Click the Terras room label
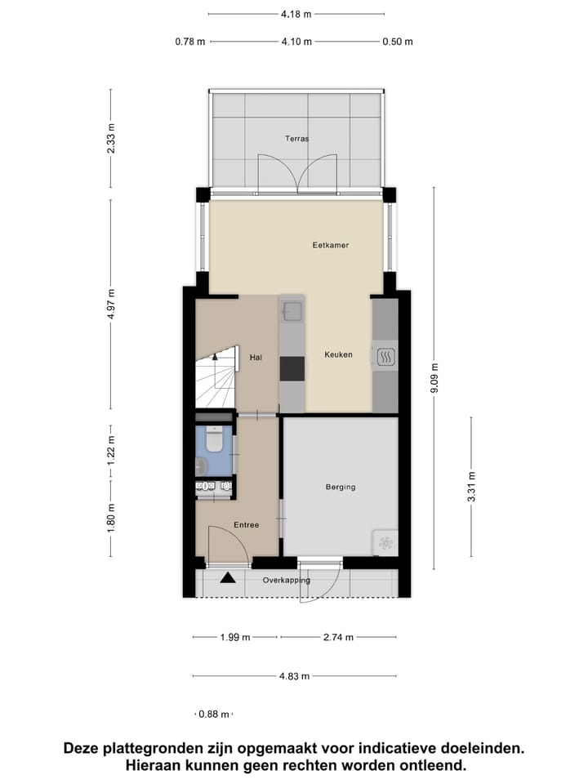click(x=296, y=139)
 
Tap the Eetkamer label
click(x=331, y=245)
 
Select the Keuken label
click(x=338, y=354)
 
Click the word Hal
click(x=255, y=356)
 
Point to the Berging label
click(x=341, y=488)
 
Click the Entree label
click(x=245, y=525)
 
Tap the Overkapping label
click(x=286, y=581)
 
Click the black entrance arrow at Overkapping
click(x=227, y=578)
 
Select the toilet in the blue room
click(x=214, y=442)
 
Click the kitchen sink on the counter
click(x=292, y=310)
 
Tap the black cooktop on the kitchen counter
click(x=292, y=368)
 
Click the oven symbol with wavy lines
click(x=386, y=356)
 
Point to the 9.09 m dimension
click(x=434, y=379)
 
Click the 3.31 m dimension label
click(x=472, y=487)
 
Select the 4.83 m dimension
click(x=294, y=676)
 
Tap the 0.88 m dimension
click(x=214, y=715)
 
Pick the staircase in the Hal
click(x=215, y=379)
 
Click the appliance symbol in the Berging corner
click(x=385, y=541)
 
